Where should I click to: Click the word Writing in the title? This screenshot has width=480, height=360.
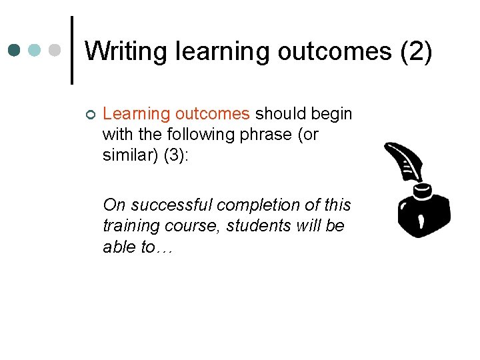point(127,51)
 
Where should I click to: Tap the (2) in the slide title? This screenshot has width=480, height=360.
point(417,51)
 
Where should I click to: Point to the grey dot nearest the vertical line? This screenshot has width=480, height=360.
point(56,50)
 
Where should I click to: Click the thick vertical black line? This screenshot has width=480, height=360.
point(72,50)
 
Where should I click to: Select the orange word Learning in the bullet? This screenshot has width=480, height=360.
point(136,114)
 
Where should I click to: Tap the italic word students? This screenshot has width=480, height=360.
point(255,225)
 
